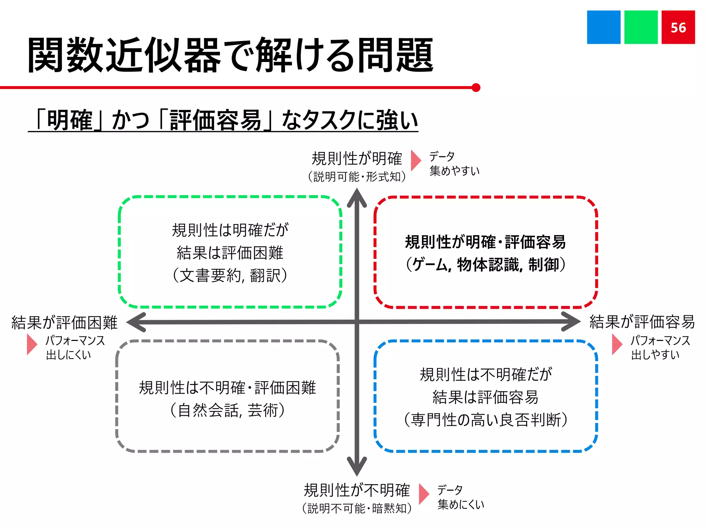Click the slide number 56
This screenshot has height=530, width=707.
678,28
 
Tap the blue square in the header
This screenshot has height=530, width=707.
603,27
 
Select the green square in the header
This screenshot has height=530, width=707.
641,27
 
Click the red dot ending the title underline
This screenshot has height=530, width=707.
476,88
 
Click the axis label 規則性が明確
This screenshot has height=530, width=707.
357,159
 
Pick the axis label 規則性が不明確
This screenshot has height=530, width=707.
357,490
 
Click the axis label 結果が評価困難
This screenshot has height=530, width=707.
65,323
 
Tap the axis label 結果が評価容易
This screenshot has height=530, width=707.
642,322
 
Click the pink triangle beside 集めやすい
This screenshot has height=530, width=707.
415,160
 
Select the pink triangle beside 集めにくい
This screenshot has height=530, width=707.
424,494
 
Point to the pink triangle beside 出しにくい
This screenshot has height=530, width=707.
31,344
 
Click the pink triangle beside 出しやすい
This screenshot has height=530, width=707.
617,344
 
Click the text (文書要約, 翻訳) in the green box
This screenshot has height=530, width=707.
230,276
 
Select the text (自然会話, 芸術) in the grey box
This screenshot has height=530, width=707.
227,410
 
